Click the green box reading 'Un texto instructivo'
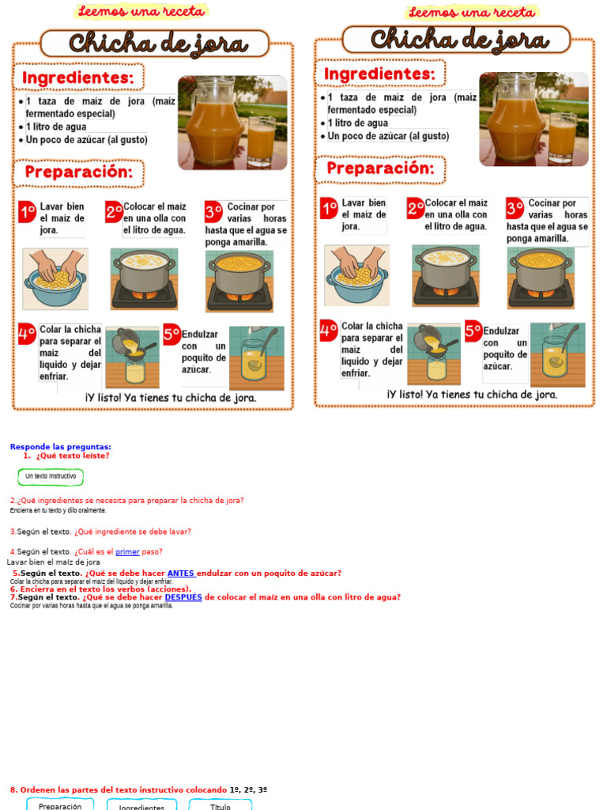click(51, 476)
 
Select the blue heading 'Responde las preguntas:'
click(60, 447)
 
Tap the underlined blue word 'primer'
click(127, 552)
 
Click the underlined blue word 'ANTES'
click(181, 573)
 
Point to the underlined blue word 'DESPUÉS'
click(183, 597)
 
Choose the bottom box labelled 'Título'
click(221, 805)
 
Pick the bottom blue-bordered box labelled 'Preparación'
click(60, 805)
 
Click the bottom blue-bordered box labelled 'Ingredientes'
click(141, 805)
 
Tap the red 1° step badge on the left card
click(28, 212)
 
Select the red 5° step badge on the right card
click(473, 331)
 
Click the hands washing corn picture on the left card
click(55, 278)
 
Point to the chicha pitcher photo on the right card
click(533, 119)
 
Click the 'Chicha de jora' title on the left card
click(157, 44)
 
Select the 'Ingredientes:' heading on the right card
click(380, 74)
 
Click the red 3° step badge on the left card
click(213, 212)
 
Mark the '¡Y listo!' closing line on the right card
click(472, 394)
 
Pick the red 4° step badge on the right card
click(329, 331)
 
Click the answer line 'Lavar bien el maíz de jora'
click(54, 562)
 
